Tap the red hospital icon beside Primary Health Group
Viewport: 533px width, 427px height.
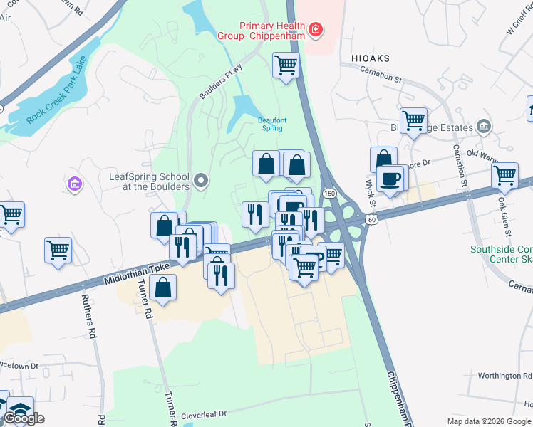(314, 30)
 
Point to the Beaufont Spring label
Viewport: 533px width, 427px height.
(272, 125)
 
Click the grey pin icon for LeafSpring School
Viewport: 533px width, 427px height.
(201, 181)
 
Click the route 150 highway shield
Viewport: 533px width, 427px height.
(328, 194)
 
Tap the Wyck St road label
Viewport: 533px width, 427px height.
(371, 191)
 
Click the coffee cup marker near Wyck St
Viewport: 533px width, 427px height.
(390, 179)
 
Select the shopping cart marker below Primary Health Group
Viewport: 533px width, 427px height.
(286, 65)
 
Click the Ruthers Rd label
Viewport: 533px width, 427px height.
(88, 316)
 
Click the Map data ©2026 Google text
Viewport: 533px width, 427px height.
(489, 421)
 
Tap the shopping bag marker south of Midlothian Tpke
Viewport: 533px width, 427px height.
(163, 288)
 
